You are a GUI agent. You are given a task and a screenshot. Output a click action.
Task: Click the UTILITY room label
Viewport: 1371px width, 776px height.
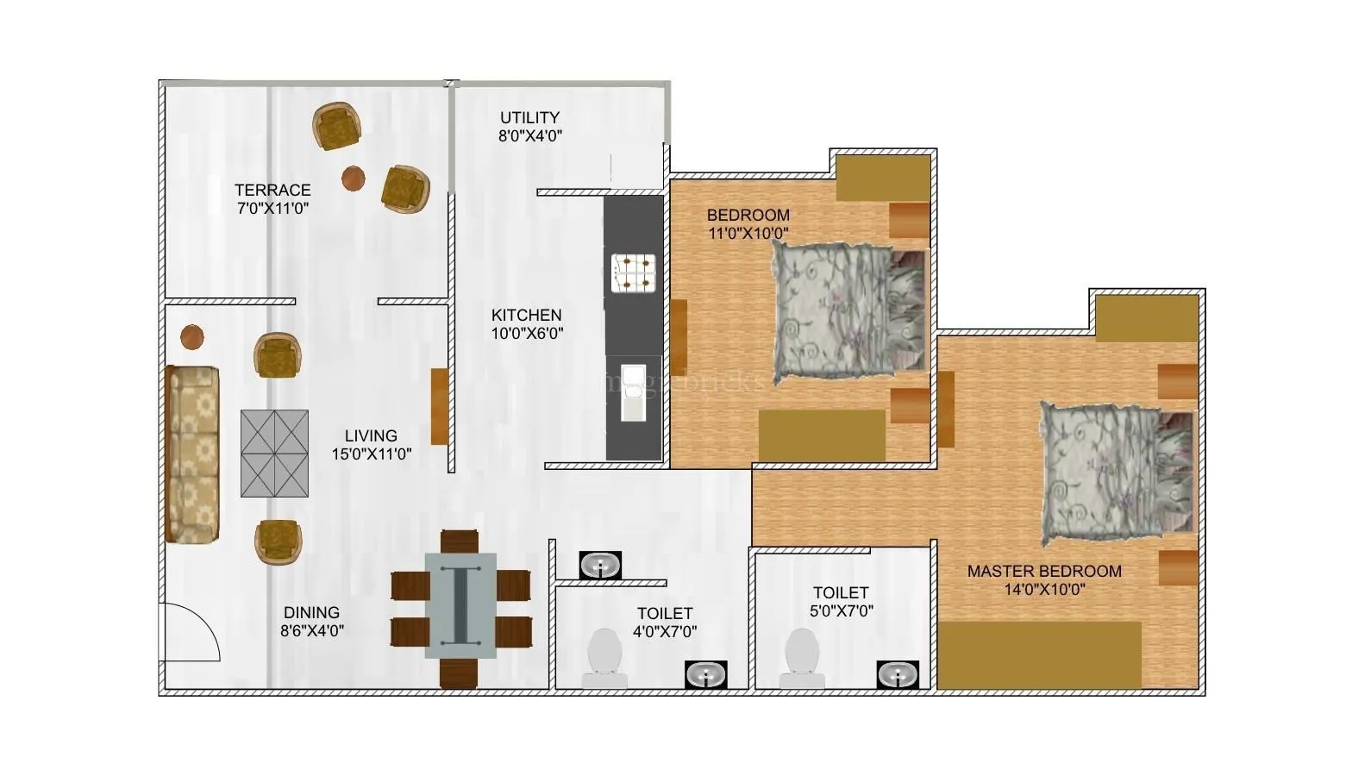529,117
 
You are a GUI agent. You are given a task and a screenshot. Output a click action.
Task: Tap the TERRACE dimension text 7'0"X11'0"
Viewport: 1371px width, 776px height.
272,208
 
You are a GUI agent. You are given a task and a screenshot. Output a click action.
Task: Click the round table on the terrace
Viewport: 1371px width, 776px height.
354,178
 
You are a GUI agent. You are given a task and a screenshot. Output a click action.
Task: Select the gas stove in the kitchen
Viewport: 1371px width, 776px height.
634,272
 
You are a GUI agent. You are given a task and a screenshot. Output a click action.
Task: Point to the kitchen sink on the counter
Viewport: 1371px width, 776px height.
634,392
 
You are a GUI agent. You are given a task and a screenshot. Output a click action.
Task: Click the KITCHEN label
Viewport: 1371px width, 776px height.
526,316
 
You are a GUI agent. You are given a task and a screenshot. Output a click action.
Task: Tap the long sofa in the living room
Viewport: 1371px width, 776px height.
192,454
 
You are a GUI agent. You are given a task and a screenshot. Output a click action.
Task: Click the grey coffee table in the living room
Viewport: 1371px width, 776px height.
274,454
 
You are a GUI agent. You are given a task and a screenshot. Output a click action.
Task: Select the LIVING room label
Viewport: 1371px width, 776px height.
371,436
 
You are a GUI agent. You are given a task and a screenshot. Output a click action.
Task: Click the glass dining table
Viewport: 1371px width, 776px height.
460,605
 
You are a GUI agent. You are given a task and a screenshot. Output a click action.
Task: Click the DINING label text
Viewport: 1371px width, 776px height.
311,613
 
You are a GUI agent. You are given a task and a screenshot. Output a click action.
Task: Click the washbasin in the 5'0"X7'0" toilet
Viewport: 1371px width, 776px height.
898,674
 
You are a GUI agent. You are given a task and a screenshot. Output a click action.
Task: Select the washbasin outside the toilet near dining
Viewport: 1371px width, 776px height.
599,566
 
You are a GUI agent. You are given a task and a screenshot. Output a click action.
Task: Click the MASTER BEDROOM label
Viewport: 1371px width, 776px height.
1043,571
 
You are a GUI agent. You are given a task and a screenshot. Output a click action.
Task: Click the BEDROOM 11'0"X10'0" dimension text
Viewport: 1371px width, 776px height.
748,233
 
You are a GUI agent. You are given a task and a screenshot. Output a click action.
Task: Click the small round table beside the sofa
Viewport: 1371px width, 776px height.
191,337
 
